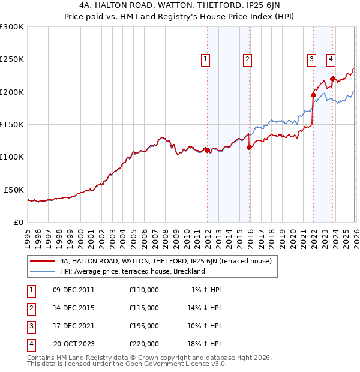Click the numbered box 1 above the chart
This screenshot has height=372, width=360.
(206, 59)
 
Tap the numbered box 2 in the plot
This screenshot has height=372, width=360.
(247, 59)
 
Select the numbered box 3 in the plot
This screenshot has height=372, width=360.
(312, 59)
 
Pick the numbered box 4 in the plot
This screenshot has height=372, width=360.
(331, 59)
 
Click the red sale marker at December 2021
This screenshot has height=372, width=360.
(313, 95)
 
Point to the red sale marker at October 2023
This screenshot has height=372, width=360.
(332, 78)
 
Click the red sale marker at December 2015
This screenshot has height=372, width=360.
(249, 147)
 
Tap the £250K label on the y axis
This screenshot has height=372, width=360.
(12, 59)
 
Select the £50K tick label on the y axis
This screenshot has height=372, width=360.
(14, 190)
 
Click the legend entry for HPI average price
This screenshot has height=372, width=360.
(132, 271)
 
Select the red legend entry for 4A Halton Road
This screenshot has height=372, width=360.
(166, 261)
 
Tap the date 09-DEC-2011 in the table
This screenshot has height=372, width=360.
(74, 290)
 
